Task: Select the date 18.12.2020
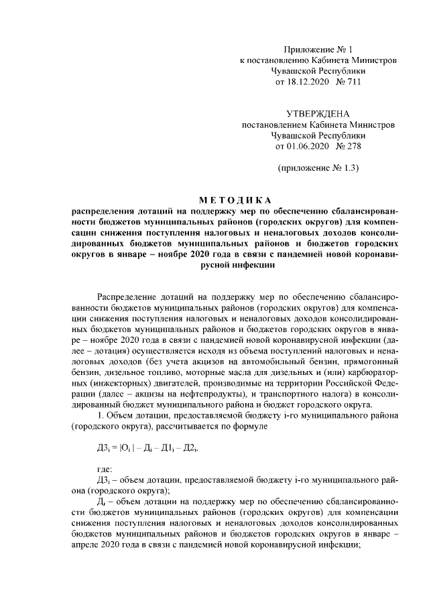pyautogui.click(x=311, y=81)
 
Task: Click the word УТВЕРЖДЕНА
pyautogui.click(x=318, y=114)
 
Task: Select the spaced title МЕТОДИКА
pyautogui.click(x=235, y=200)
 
